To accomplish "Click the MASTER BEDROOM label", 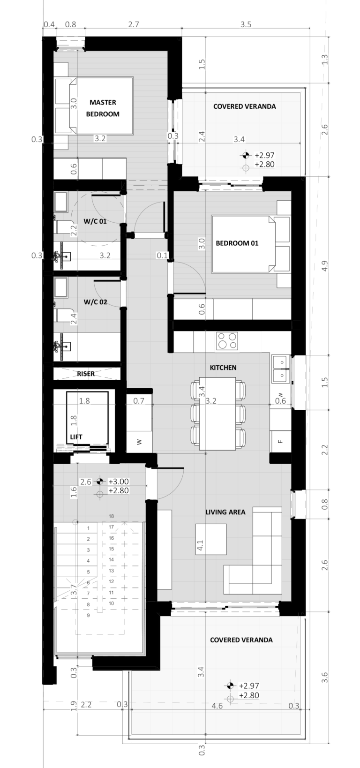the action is (x=103, y=108).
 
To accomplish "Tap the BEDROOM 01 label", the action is (x=237, y=243).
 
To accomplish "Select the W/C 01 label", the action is (x=95, y=221).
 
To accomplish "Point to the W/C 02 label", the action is (x=95, y=302).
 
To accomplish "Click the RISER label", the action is (x=86, y=374).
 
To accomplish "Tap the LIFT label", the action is (x=76, y=437).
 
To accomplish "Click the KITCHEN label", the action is (x=223, y=368).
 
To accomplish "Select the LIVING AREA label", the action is (x=225, y=512).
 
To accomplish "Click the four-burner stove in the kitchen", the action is (x=227, y=341).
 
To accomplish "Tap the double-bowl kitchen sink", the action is (x=281, y=369).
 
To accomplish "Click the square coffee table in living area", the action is (x=211, y=539).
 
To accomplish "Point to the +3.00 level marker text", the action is (x=119, y=482).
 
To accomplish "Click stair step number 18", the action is (x=111, y=516).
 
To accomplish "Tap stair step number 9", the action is (x=88, y=616).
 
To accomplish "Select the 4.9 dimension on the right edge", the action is (x=325, y=266).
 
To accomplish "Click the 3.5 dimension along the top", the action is (x=246, y=24).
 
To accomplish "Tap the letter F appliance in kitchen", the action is (x=280, y=441).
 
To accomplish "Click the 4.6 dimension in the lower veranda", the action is (x=217, y=706).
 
